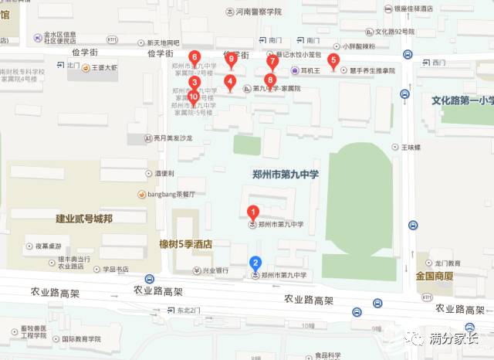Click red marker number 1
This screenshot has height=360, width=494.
pos(252,211)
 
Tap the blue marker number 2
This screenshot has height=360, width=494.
pos(255,263)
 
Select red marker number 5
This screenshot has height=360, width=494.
pos(333,60)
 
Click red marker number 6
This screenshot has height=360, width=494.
pos(195,57)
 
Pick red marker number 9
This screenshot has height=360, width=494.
pos(231,59)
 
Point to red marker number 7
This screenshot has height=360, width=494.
pos(272,62)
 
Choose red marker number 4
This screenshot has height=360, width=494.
pos(229,81)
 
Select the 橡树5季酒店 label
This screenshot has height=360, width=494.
pos(185,244)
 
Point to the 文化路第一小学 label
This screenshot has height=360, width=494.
pos(461,100)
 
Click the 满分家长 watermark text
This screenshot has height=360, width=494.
pos(453,338)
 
